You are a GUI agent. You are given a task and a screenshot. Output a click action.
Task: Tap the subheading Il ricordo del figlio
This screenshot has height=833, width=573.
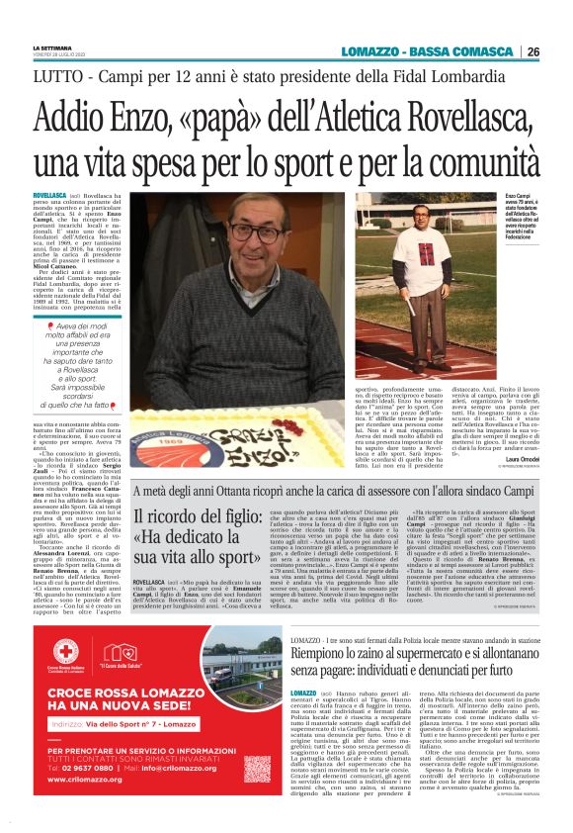click(198, 539)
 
